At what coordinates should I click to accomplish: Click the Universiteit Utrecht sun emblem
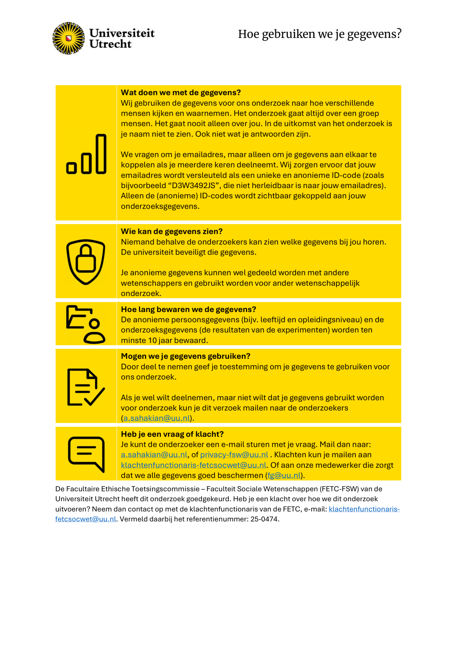(x=68, y=38)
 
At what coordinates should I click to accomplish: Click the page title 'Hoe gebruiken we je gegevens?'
(x=319, y=34)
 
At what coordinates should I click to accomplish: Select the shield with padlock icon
(x=86, y=262)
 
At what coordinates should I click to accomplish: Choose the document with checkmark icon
(x=86, y=387)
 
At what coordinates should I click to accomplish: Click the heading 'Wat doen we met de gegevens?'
(x=181, y=92)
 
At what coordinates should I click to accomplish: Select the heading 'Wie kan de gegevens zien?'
(x=171, y=231)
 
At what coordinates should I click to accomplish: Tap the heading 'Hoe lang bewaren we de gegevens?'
(x=188, y=309)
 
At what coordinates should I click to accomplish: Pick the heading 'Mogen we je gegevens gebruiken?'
(x=185, y=356)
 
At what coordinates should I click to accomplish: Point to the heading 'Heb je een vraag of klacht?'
(x=172, y=434)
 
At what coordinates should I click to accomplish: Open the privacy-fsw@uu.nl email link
(x=234, y=455)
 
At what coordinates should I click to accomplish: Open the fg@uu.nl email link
(x=284, y=475)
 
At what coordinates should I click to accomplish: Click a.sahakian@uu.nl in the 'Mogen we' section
(x=157, y=418)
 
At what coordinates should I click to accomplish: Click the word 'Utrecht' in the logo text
(x=110, y=44)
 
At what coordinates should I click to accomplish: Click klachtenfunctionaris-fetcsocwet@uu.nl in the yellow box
(x=193, y=465)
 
